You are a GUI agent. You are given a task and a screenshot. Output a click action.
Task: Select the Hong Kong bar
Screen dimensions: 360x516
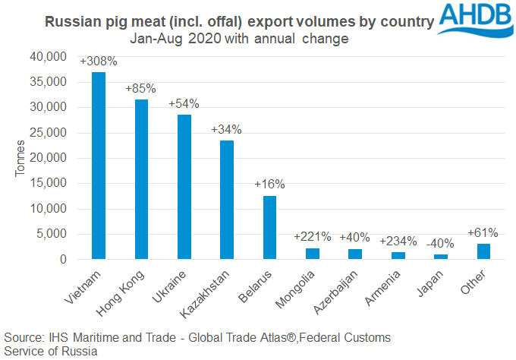140,179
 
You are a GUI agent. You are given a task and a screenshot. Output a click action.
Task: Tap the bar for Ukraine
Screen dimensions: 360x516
184,187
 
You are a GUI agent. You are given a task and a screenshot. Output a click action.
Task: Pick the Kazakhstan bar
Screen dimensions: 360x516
227,200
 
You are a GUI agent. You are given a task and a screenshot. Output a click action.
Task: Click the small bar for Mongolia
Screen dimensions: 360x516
313,254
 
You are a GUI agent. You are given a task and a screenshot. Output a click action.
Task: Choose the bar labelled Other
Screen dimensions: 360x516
484,251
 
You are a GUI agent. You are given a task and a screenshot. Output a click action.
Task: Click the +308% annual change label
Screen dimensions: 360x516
98,61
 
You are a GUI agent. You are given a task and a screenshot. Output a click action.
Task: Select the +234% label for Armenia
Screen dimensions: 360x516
398,241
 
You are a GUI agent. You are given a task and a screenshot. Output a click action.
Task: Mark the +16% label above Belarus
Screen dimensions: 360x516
269,185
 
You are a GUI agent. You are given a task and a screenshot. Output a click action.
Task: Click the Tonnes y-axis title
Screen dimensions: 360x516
20,158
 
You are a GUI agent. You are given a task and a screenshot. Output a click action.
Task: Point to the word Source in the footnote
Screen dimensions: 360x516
23,336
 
